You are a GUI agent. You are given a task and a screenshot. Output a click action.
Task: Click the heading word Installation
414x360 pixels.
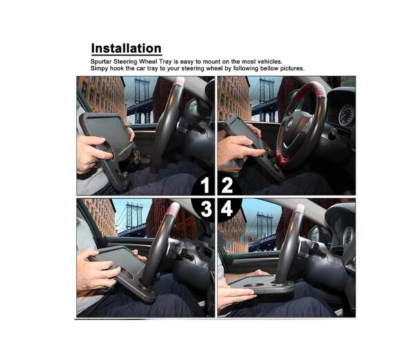click(126, 48)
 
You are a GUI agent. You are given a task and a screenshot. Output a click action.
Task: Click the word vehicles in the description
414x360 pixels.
click(270, 62)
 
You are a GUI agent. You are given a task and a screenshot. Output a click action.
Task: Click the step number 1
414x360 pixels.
click(205, 186)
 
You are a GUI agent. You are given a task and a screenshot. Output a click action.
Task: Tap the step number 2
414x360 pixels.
click(227, 186)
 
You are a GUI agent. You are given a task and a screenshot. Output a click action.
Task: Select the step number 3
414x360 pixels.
click(206, 209)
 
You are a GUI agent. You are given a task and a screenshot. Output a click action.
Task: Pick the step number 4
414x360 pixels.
click(227, 209)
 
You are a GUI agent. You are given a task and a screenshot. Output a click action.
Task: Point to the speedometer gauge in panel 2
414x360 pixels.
click(346, 114)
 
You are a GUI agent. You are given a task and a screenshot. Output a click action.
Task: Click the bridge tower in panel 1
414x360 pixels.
click(142, 100)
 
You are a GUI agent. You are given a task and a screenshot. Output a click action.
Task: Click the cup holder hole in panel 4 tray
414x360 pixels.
click(253, 286)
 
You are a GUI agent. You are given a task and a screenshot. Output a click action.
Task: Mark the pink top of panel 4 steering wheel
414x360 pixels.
click(299, 209)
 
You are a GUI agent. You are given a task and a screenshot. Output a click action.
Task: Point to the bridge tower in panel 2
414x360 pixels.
click(267, 99)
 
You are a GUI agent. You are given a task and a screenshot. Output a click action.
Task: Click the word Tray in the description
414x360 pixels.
click(166, 62)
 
